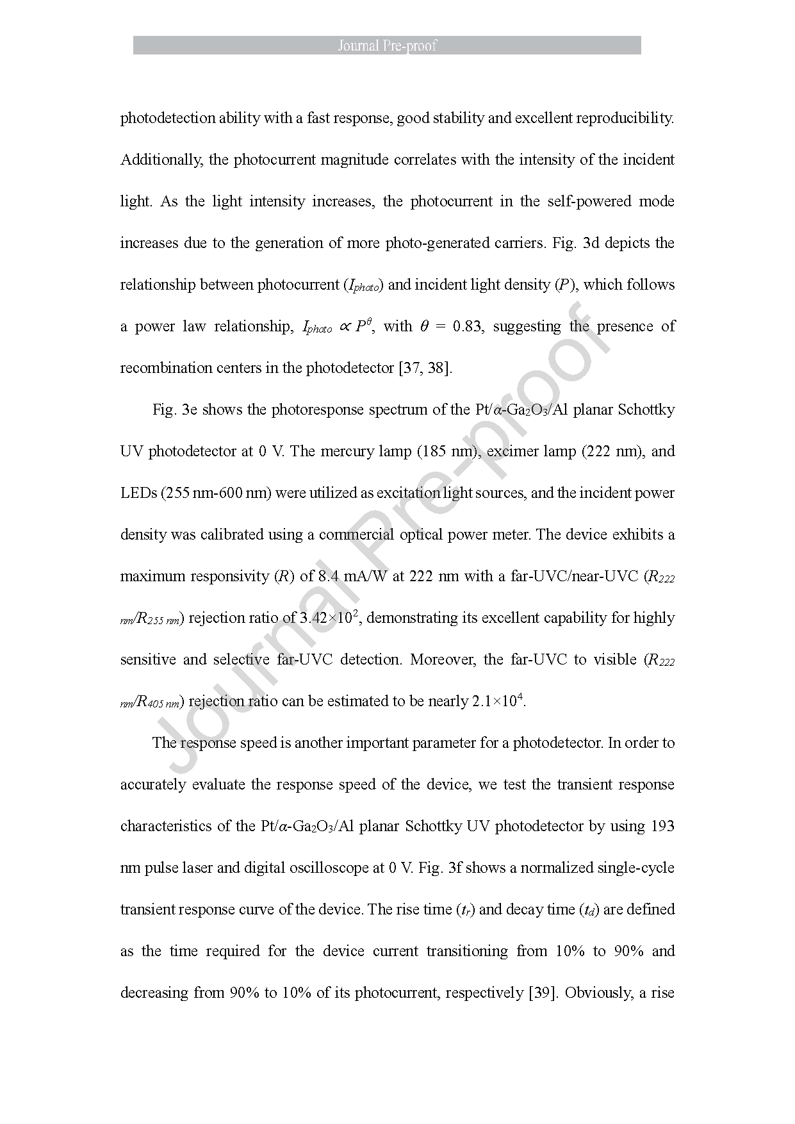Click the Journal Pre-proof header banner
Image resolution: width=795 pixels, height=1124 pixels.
point(387,45)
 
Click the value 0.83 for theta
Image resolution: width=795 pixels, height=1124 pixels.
point(467,326)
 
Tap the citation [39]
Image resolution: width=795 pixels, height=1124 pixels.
point(541,993)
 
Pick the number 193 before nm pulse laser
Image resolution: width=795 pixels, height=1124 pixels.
point(662,826)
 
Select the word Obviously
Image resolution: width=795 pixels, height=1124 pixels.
point(599,993)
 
